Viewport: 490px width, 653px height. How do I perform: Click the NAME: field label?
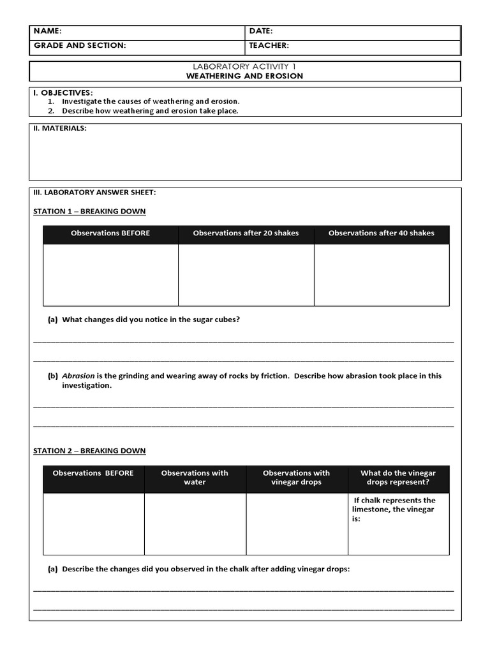point(48,31)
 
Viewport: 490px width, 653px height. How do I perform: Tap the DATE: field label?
point(261,31)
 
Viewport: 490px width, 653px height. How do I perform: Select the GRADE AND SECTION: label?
point(79,45)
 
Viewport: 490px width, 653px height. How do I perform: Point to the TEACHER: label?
point(269,45)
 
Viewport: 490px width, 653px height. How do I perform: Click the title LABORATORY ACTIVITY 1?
point(244,66)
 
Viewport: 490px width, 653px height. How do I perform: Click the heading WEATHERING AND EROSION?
point(244,76)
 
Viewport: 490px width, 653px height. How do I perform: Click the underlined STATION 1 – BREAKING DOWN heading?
point(89,211)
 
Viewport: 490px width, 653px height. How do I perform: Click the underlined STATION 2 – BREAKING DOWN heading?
point(89,451)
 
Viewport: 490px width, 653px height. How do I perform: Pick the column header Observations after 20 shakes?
point(246,233)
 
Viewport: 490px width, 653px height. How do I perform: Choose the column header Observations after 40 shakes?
point(381,233)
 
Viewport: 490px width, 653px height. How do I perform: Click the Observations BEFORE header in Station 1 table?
point(110,233)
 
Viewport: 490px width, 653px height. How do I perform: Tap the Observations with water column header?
point(195,478)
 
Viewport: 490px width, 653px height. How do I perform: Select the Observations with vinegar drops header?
point(296,478)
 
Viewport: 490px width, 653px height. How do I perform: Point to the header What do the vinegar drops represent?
point(398,478)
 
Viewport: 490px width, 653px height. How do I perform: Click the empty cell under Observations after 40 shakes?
point(381,275)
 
